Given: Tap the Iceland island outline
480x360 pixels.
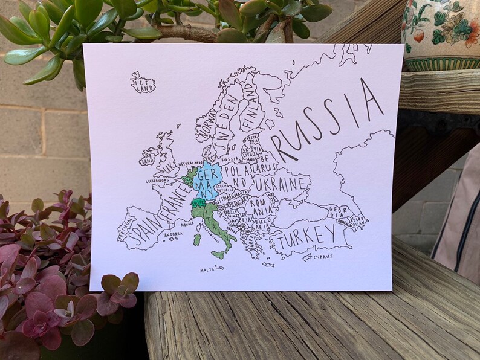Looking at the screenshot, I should point(143,82).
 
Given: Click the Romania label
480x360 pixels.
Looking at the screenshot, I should point(261,206).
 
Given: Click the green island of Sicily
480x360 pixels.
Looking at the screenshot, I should point(219,254).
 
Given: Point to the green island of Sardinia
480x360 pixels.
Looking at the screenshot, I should point(197,239).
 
